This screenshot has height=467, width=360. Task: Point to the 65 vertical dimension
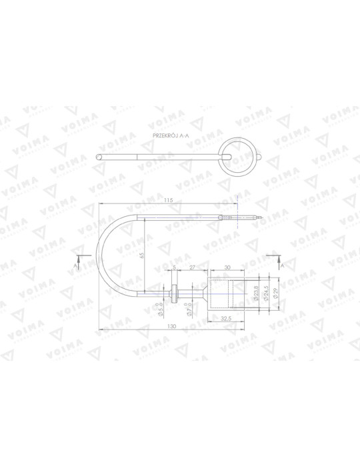(141, 255)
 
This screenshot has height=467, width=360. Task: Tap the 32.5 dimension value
(227, 319)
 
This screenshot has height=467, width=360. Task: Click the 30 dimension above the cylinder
(227, 267)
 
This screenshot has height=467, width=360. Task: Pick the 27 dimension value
(192, 267)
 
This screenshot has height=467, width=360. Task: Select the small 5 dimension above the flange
(175, 267)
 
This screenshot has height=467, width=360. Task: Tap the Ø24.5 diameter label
(266, 294)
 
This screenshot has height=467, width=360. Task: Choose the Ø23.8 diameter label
(257, 294)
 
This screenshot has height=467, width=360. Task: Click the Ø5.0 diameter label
(161, 309)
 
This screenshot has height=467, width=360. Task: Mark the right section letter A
(283, 265)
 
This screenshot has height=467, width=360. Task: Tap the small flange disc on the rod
(175, 293)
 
